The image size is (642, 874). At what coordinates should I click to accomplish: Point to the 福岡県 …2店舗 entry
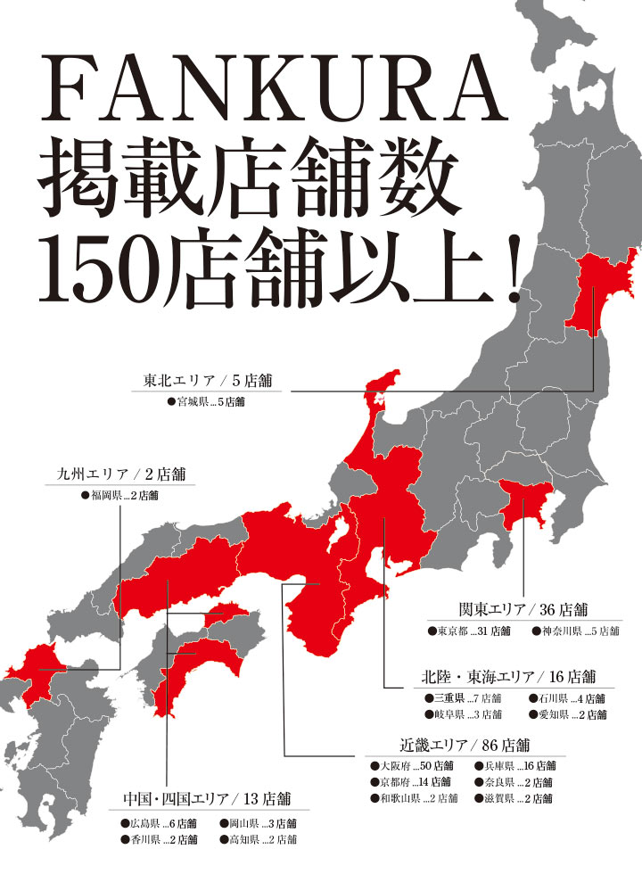point(119,495)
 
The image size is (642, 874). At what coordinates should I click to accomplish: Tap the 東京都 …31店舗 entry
point(468,631)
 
